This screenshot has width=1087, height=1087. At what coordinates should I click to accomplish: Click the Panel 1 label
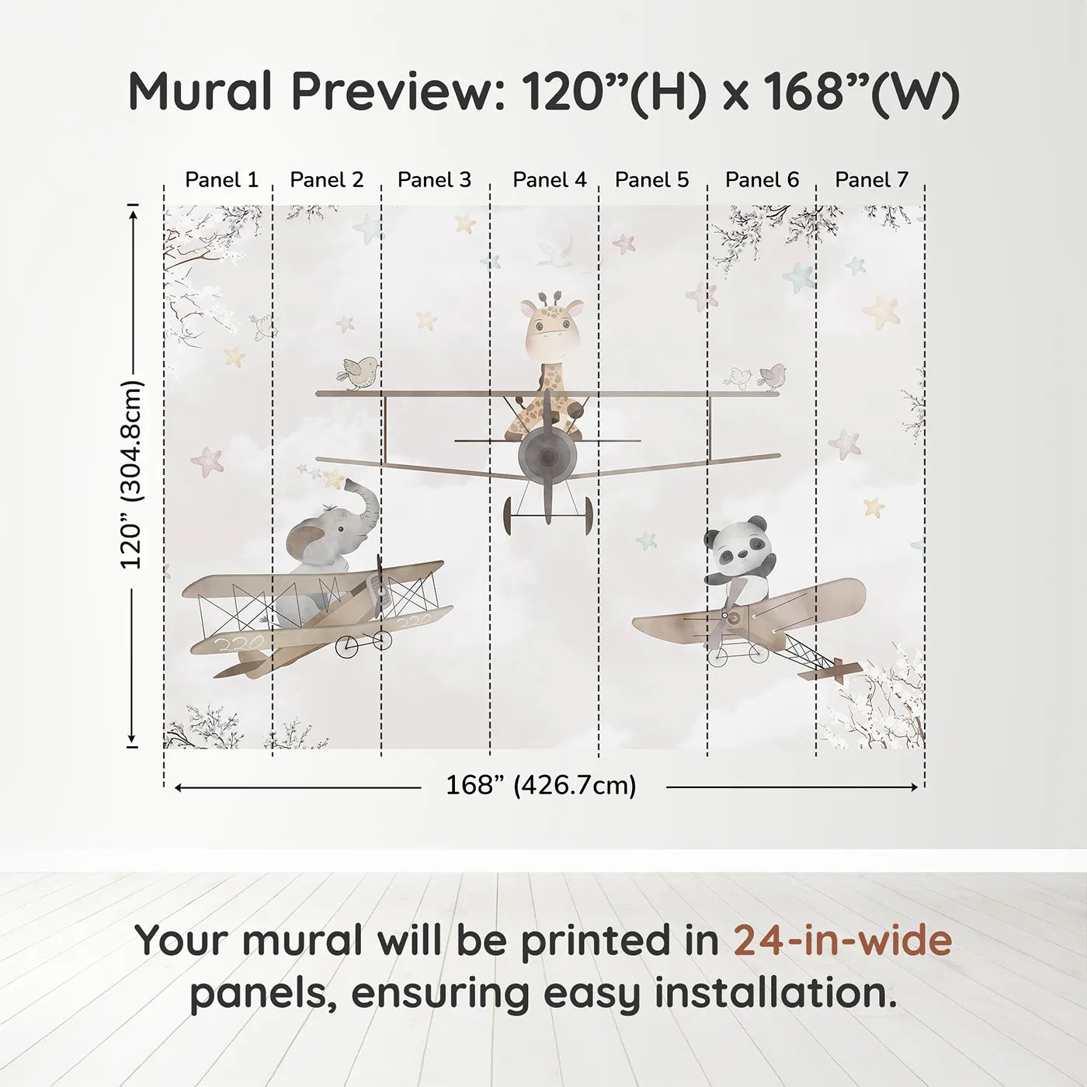coord(221,179)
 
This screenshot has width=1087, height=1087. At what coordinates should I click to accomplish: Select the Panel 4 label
coord(550,179)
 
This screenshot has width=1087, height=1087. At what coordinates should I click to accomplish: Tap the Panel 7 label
coord(871,179)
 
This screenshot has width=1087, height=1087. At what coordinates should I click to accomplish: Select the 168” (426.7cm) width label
coord(541,785)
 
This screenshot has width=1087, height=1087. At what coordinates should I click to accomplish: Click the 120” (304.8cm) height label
coord(132,474)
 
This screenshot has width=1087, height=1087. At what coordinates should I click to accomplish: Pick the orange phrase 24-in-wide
coord(842,940)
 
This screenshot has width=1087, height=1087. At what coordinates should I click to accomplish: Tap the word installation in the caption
coord(775,993)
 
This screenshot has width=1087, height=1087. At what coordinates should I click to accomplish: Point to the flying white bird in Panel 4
coord(556,250)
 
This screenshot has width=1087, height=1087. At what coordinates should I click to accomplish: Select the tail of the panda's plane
coord(835,667)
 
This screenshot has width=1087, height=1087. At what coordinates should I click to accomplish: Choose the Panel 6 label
coord(762,179)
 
